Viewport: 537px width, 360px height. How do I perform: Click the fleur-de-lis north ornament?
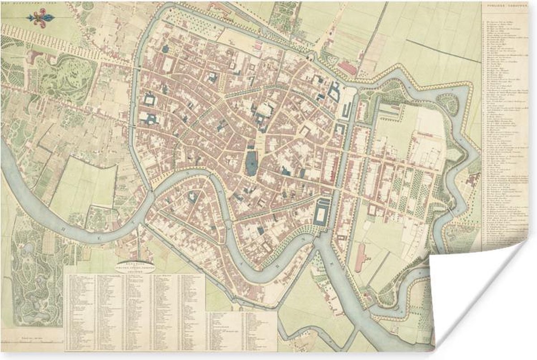pyautogui.click(x=41, y=18)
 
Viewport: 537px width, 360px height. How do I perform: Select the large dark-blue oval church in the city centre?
pyautogui.click(x=251, y=163)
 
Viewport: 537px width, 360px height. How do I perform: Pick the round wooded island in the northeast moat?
pyautogui.click(x=447, y=104)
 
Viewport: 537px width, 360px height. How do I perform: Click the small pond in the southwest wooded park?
pyautogui.click(x=27, y=248)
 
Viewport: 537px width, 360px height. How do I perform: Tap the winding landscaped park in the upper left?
pyautogui.click(x=67, y=80)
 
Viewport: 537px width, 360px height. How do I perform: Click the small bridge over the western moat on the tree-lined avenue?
pyautogui.click(x=134, y=67)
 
